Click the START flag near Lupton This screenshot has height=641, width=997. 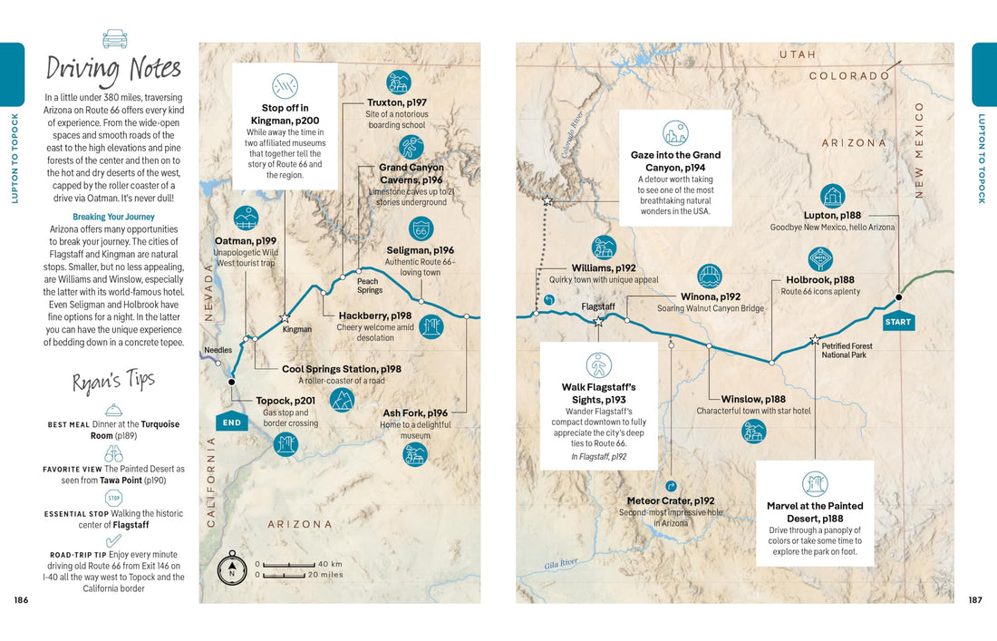(x=897, y=321)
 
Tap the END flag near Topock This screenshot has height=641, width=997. (x=231, y=422)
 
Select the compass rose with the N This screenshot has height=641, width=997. (x=231, y=569)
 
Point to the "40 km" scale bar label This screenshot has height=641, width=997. (x=330, y=564)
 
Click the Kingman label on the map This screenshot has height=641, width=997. (x=296, y=329)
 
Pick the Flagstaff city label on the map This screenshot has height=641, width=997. (x=598, y=306)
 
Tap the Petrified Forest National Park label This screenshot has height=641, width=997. (x=847, y=350)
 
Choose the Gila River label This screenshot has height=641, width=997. (x=561, y=564)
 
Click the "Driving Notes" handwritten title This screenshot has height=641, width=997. (x=114, y=69)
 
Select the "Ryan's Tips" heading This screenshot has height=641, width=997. (x=114, y=382)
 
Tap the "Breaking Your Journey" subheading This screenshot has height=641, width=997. (x=113, y=217)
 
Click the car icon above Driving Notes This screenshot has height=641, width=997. (x=115, y=38)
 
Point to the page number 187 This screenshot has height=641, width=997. (x=975, y=599)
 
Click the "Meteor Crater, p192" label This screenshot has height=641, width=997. (x=671, y=500)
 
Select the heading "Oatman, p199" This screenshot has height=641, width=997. (x=245, y=241)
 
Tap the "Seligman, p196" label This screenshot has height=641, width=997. (x=420, y=250)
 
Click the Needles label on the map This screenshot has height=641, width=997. (x=218, y=350)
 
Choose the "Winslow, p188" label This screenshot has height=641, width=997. (x=753, y=399)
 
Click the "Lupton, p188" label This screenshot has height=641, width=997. (x=832, y=215)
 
